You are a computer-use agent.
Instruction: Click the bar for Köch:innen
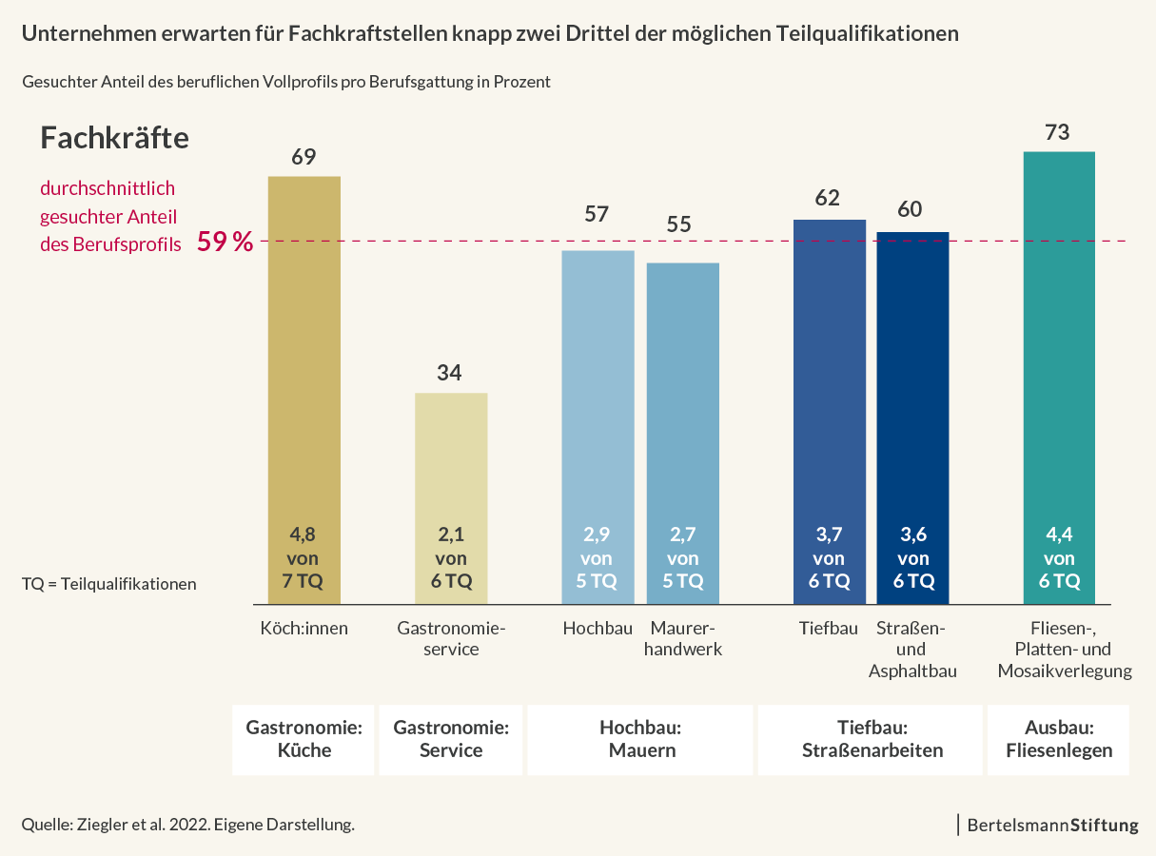click(x=304, y=380)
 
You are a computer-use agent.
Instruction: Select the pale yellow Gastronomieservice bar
click(x=451, y=476)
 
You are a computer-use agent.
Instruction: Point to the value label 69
click(x=304, y=157)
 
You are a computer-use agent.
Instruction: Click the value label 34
click(x=449, y=373)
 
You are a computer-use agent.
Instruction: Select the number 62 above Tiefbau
click(x=828, y=198)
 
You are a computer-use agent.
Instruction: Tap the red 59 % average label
click(x=225, y=242)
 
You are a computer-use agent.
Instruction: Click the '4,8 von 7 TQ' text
click(x=304, y=558)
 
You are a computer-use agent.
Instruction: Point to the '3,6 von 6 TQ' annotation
click(x=912, y=558)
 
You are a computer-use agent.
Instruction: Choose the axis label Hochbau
click(x=598, y=628)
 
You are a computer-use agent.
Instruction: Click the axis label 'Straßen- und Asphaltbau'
click(x=911, y=650)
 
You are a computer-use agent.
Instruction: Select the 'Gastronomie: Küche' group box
click(x=304, y=739)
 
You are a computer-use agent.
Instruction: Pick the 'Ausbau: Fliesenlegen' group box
click(x=1058, y=739)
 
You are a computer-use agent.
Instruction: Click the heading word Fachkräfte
click(x=114, y=138)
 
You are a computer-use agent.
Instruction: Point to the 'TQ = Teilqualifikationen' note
click(x=108, y=584)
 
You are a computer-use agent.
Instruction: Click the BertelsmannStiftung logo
click(x=1051, y=826)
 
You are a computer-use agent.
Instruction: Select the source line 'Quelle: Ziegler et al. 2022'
click(x=187, y=825)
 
